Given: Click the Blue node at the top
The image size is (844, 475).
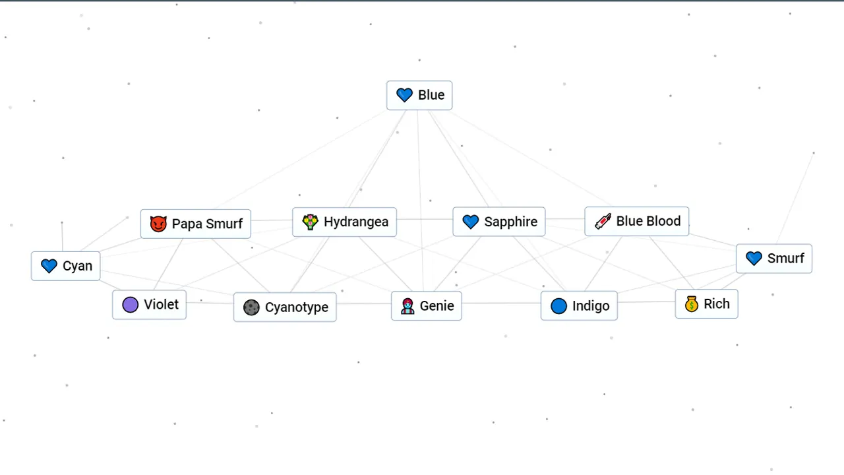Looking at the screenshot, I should pos(419,95).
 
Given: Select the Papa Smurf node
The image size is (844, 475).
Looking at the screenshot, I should pos(196,224).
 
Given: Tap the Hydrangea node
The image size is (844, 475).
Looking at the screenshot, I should pos(344,222).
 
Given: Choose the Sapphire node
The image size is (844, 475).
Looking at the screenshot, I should pos(498,222).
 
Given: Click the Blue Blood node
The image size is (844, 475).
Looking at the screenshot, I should pos(636,221).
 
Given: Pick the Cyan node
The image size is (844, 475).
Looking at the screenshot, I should pos(66,266).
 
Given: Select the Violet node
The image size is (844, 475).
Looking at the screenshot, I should pos(149,305).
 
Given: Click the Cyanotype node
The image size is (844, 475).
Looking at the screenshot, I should pos(285,307).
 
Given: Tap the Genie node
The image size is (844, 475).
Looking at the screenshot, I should pos(426,306).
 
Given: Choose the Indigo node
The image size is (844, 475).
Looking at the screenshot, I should pos(579,306).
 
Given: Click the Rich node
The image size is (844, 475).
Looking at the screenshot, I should pos(706,304).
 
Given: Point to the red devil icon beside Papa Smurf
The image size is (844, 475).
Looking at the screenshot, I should pos(158,224).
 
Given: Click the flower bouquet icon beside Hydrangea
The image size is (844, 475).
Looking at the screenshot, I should pos(310,222).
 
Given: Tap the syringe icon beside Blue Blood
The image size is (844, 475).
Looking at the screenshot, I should pos(603,221).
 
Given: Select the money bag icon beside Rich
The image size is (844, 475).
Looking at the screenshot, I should pos(691,304).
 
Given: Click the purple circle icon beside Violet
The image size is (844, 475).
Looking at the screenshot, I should pos(131,305).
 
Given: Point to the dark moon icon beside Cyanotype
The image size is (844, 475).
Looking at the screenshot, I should pos(251,307).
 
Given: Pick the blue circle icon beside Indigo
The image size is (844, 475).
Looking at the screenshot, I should pos(558,306).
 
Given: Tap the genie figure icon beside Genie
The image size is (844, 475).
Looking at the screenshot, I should pos(408,306).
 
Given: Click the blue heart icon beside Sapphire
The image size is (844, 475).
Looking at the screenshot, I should pos(470,222).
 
